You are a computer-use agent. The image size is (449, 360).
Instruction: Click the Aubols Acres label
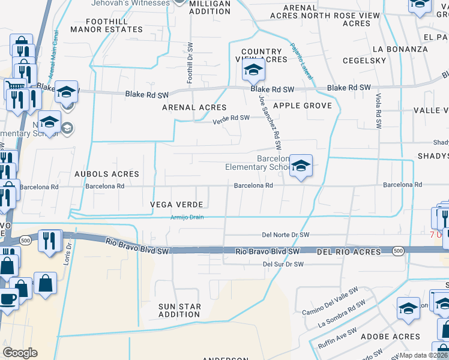pos(106,174)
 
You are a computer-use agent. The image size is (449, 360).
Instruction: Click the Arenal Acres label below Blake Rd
pos(194,107)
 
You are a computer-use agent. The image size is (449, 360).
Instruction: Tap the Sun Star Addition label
pos(179,310)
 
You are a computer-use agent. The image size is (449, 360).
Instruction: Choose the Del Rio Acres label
pos(349,252)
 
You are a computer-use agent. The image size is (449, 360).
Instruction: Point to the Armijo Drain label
pos(188,218)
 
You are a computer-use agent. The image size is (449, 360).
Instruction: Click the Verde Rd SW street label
pos(231,118)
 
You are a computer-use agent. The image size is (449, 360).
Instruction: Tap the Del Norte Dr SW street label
pos(286,235)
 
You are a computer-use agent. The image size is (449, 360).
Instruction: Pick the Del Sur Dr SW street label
pos(283,264)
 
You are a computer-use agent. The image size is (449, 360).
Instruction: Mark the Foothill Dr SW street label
pos(190,62)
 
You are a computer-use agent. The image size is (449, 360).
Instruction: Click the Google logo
pos(20,353)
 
